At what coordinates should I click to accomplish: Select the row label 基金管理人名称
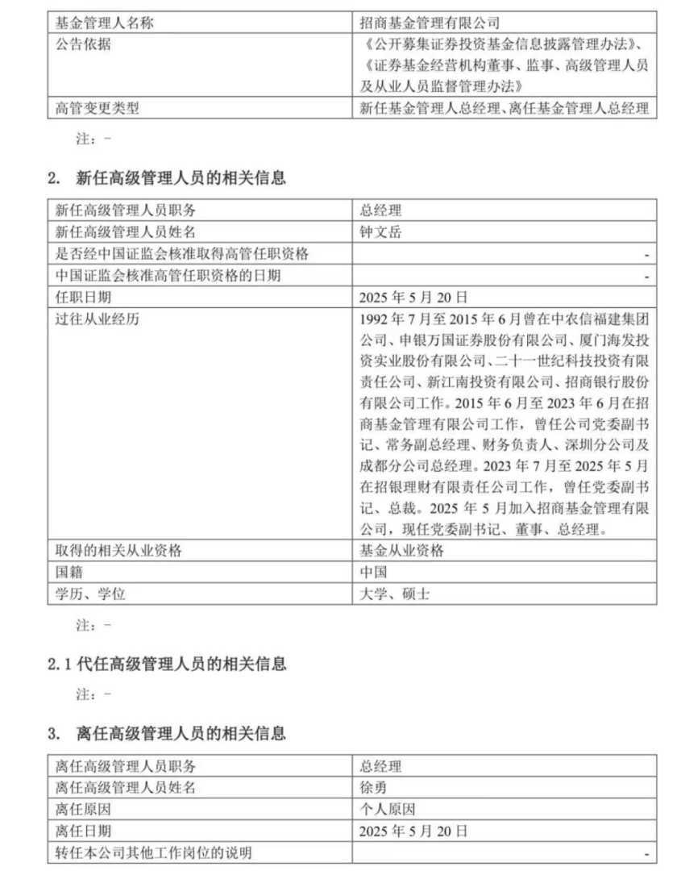[104, 23]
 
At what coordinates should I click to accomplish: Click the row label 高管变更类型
[97, 108]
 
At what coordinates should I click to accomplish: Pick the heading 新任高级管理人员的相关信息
[181, 178]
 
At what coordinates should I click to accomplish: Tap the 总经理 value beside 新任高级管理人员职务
[380, 211]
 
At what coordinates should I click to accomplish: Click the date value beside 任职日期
[413, 297]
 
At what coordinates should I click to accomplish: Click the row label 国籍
[69, 573]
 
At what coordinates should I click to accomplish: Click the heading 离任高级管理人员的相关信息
[181, 734]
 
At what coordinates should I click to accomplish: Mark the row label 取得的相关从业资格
[118, 552]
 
